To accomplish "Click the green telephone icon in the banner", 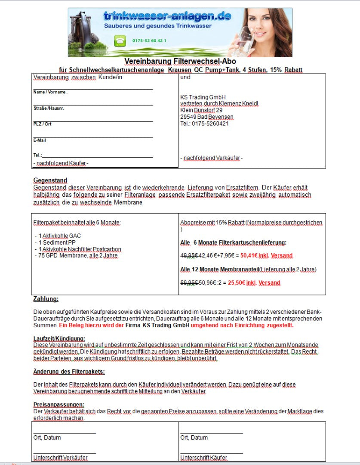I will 119,40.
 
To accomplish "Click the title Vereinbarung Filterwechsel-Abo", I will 180,62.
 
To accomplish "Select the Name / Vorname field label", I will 50,92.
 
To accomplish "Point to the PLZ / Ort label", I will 43,124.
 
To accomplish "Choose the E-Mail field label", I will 40,140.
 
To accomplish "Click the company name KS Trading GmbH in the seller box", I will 203,97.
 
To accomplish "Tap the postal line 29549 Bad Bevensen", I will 207,117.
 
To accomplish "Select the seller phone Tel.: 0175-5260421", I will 205,124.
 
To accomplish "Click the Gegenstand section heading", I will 50,180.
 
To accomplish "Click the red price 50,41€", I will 249,256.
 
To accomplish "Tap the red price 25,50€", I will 249,283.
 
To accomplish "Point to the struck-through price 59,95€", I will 189,283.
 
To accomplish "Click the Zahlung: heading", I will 46,299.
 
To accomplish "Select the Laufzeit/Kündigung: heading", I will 59,338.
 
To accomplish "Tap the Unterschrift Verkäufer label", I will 61,457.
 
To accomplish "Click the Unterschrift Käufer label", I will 203,457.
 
